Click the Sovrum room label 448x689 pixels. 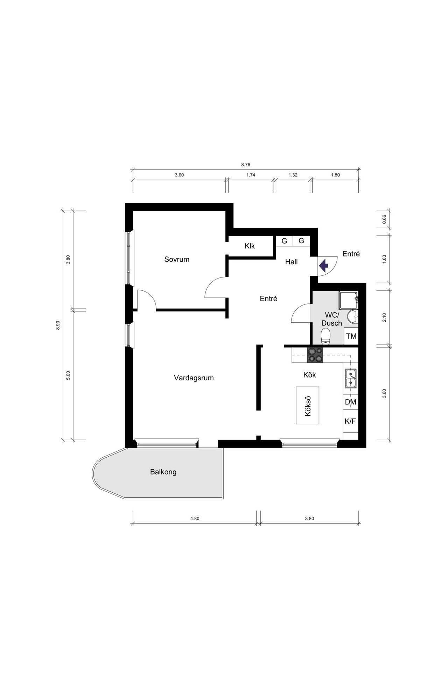[x=177, y=259]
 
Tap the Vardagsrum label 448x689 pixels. [x=194, y=378]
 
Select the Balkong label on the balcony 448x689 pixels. [x=163, y=472]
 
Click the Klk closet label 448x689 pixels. [x=250, y=246]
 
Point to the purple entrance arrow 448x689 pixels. [x=323, y=266]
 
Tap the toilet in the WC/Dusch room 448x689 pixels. [x=326, y=336]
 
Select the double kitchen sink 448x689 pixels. [x=350, y=379]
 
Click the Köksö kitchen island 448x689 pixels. [x=308, y=405]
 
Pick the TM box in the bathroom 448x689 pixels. [x=351, y=336]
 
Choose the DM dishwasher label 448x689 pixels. [x=350, y=402]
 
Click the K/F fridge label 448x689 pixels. [x=350, y=421]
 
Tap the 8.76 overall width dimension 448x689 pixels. [x=246, y=164]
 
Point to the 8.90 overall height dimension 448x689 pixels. [x=58, y=325]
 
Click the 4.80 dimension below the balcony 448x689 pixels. [x=195, y=519]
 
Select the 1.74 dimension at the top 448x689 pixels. [x=251, y=175]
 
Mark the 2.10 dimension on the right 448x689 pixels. [x=384, y=318]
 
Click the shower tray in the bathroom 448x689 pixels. [x=348, y=300]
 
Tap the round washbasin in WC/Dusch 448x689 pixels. [x=352, y=317]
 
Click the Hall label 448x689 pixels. [x=291, y=262]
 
